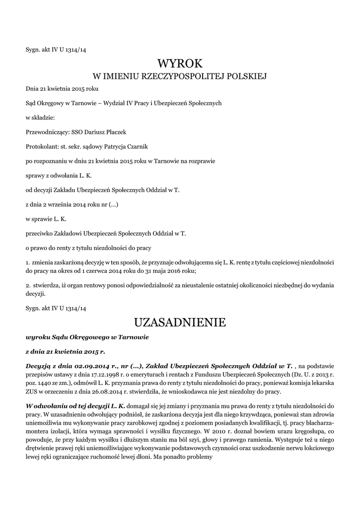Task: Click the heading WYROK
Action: coord(180,63)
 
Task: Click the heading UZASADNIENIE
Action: coord(180,323)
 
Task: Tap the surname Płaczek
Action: coord(115,132)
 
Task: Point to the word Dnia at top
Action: coord(32,88)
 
